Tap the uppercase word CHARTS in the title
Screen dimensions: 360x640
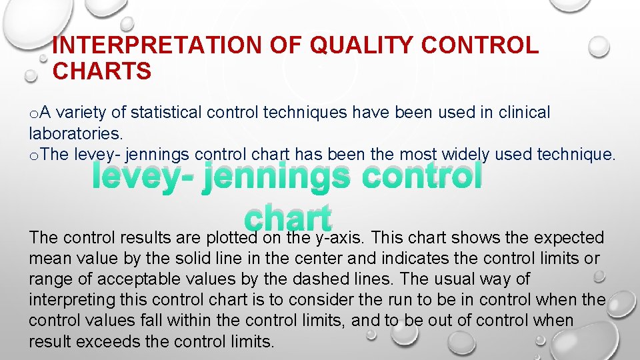click(x=102, y=71)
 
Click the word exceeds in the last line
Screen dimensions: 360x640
click(x=109, y=341)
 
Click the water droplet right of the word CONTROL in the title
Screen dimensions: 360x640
click(x=599, y=46)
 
